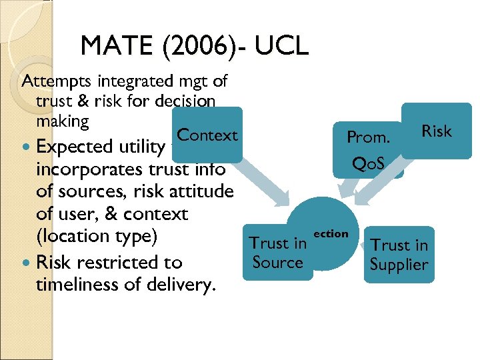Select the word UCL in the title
point(281,47)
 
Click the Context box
point(207,135)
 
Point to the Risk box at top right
point(437,131)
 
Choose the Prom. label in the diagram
point(368,137)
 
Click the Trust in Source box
point(278,253)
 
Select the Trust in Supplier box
point(399,255)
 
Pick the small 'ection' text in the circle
point(331,234)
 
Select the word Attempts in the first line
point(57,82)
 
